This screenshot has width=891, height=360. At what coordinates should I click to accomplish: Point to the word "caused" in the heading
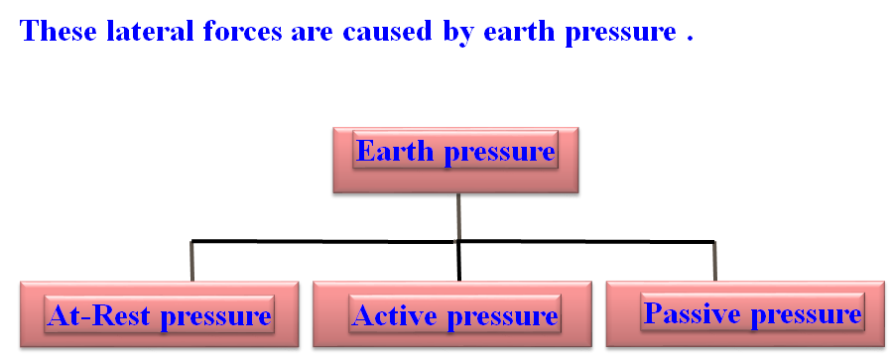coord(388,31)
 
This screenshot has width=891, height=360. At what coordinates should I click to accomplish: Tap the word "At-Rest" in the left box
coord(100,315)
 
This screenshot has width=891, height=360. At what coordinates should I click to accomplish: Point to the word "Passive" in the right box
coord(693,312)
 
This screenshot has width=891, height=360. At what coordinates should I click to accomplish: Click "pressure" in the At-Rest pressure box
coord(216,318)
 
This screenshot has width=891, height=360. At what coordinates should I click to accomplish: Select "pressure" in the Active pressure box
coord(502,318)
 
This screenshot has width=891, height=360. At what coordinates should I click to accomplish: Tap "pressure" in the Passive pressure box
coord(807,315)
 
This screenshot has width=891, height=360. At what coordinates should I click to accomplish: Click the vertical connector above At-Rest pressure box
coord(192,261)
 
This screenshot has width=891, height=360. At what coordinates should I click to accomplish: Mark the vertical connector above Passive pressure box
coord(714,261)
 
